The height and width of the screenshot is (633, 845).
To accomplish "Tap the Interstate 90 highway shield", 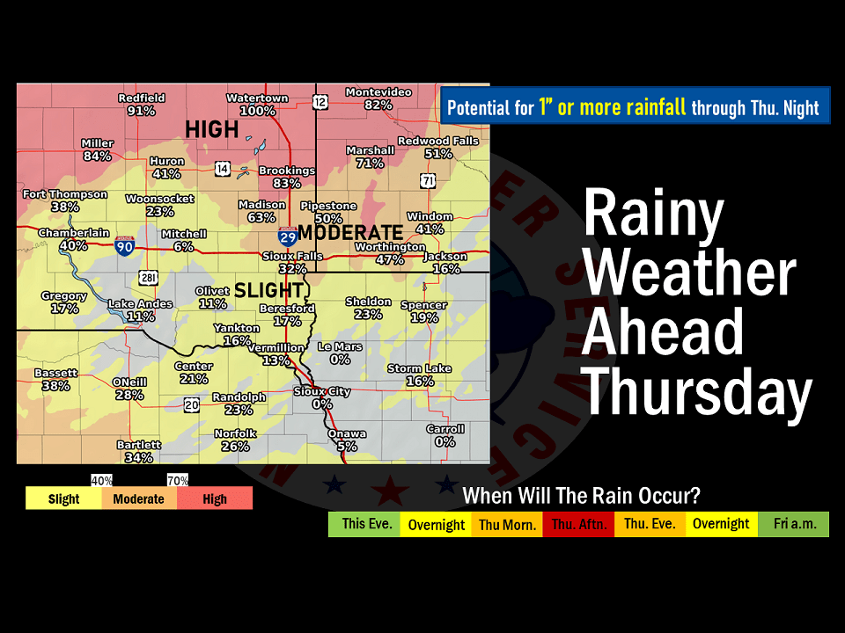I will click(124, 247).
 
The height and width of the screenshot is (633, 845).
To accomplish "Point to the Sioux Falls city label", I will click(292, 262).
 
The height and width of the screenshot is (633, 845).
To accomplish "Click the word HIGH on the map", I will click(211, 130).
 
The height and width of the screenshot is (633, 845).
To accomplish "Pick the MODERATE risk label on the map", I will click(349, 233).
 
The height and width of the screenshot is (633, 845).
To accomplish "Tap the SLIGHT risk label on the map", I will click(268, 290).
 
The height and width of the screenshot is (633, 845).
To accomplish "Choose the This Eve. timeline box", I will click(364, 524).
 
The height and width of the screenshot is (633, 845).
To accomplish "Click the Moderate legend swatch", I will click(139, 498).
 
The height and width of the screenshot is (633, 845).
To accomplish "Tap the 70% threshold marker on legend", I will click(178, 481).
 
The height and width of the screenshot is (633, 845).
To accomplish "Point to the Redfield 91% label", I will click(141, 105).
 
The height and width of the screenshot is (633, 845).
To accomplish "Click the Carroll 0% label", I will click(445, 435).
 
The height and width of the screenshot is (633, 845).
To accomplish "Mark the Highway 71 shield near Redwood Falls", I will click(428, 180).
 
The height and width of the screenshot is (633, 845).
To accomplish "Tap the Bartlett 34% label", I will click(139, 451).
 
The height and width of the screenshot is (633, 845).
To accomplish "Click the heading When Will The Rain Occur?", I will click(582, 496).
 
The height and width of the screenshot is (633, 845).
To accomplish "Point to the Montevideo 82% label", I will click(378, 98).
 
